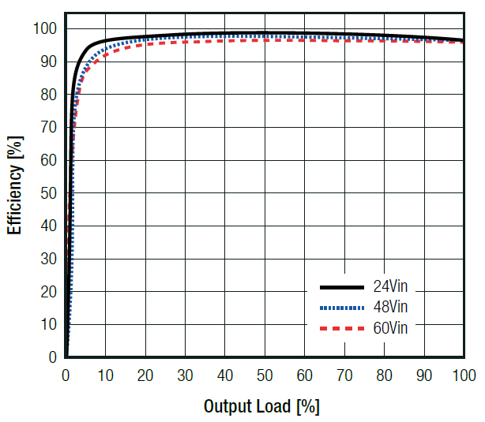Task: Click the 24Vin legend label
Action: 393,286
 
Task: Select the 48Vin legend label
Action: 393,306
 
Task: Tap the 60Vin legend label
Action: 393,327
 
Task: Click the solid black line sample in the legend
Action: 341,286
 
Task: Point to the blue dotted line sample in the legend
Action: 341,307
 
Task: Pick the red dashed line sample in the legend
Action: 341,327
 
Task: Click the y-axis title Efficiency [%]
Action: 15,186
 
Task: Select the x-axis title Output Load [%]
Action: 261,407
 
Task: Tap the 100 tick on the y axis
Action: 44,29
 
